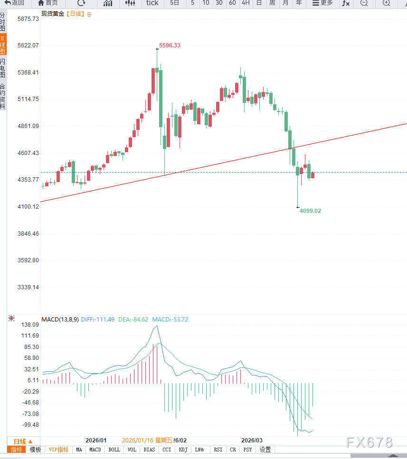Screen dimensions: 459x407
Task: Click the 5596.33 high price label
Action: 170,46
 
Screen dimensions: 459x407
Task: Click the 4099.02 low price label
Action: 310,211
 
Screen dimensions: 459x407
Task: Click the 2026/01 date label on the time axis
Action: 96,440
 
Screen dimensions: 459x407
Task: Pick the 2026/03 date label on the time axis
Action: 252,440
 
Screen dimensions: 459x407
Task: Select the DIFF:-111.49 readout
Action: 97,320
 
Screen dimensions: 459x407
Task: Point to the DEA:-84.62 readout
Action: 133,320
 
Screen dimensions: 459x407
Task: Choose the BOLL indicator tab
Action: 114,450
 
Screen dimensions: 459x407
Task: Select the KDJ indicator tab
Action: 183,450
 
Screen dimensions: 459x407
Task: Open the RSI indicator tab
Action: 218,450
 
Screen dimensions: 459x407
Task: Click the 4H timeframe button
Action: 246,3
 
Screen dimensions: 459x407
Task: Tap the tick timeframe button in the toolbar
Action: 152,3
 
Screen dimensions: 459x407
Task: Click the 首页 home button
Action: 48,3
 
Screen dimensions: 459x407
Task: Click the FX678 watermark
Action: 369,442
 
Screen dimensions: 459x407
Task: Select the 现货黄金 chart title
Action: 52,14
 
